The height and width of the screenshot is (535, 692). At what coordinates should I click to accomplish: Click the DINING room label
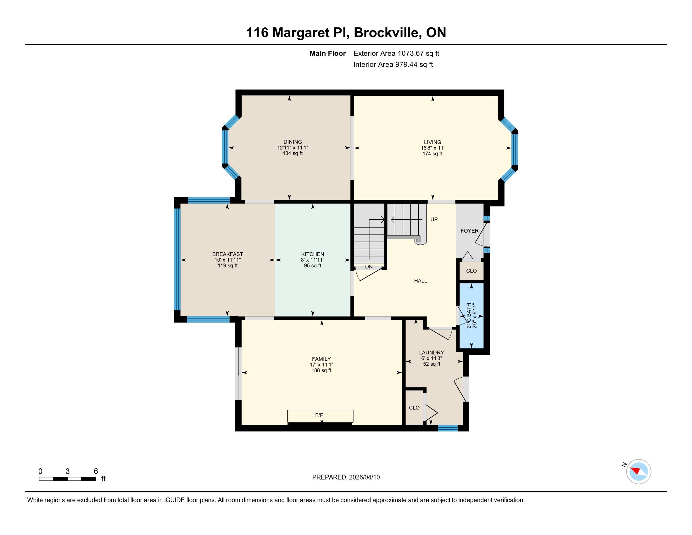pyautogui.click(x=293, y=142)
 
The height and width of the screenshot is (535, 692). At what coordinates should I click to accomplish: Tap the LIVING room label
pyautogui.click(x=433, y=142)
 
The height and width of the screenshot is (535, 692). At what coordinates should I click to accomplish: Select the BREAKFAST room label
pyautogui.click(x=227, y=254)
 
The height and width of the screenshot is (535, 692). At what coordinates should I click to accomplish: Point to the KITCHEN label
pyautogui.click(x=312, y=254)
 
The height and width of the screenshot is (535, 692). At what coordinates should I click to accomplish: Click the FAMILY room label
pyautogui.click(x=321, y=359)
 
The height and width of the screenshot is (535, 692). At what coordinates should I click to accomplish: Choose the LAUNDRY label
pyautogui.click(x=431, y=352)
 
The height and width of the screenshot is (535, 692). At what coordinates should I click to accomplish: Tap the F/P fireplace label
pyautogui.click(x=319, y=415)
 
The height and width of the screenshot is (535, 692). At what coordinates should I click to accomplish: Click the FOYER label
pyautogui.click(x=469, y=231)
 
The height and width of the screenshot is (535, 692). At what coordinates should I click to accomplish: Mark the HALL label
pyautogui.click(x=421, y=280)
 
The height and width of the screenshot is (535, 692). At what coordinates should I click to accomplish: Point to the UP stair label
pyautogui.click(x=434, y=219)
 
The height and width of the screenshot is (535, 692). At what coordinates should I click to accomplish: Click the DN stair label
pyautogui.click(x=369, y=267)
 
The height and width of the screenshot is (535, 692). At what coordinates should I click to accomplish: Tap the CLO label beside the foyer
pyautogui.click(x=471, y=271)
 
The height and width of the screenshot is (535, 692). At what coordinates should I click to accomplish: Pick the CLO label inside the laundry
pyautogui.click(x=414, y=408)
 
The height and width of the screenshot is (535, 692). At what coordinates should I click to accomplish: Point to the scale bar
pyautogui.click(x=68, y=479)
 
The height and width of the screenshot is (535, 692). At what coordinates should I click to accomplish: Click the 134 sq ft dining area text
pyautogui.click(x=293, y=153)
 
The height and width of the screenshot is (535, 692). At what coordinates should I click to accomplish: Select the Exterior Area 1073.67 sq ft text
pyautogui.click(x=396, y=53)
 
